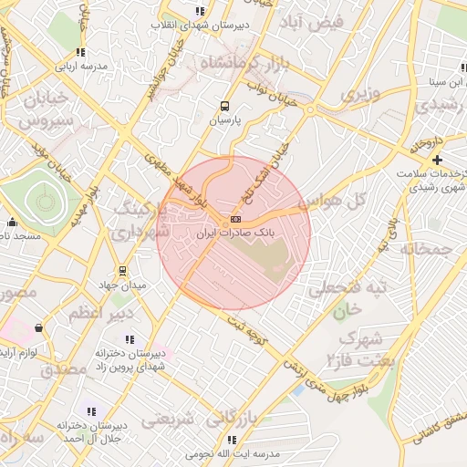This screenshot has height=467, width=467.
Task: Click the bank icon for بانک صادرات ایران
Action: [236, 219]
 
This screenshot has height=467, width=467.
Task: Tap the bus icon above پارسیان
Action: [225, 105]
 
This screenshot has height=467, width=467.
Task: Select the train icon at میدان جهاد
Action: [122, 271]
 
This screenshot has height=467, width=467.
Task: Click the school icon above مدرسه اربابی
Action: [80, 53]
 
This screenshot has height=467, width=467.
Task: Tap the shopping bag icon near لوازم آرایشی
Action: [38, 327]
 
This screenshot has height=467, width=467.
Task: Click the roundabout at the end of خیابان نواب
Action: [310, 109]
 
